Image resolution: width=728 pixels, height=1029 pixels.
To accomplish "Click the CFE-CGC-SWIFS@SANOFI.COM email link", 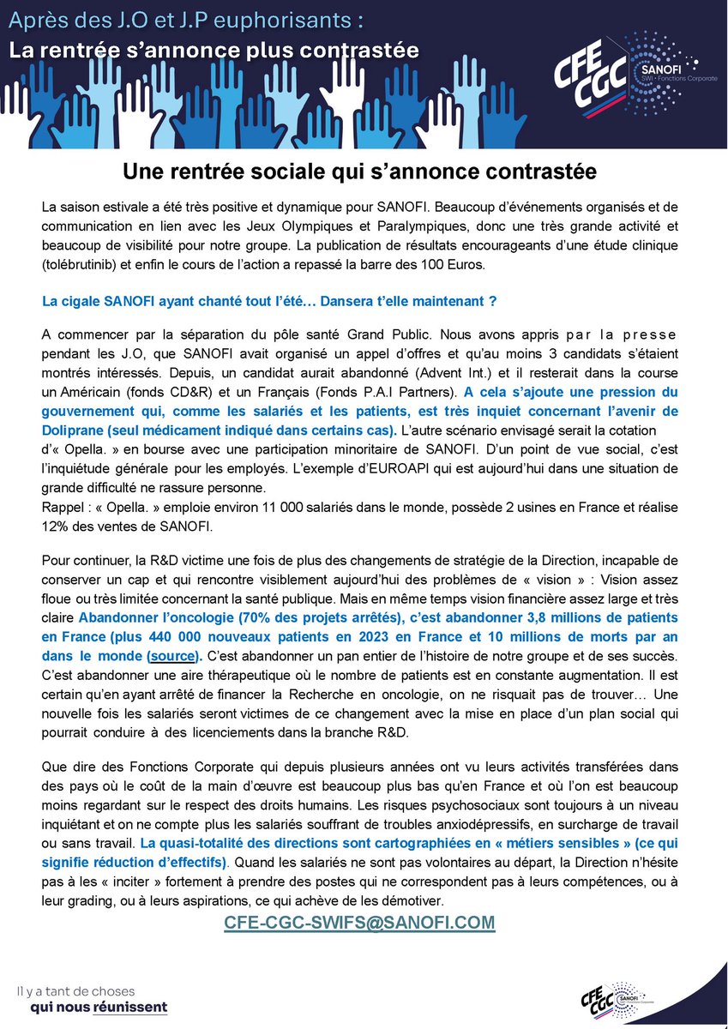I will pos(359,922).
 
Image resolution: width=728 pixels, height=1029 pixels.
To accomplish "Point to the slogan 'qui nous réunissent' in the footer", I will pos(99,1006).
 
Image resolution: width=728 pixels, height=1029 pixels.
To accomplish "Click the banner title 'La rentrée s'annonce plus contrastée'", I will pos(214,50).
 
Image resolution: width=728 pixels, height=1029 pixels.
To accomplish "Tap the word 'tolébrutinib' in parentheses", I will pos(87,264).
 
